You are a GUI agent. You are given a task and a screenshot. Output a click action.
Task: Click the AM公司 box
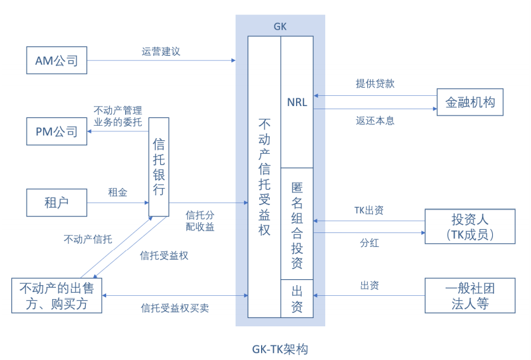point(57,61)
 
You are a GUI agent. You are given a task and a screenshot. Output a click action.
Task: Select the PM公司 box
point(57,131)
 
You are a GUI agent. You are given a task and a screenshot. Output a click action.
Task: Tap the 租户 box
point(57,203)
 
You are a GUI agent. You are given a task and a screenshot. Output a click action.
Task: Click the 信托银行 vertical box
point(159,166)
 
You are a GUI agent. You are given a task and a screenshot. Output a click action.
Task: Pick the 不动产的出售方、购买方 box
point(57,295)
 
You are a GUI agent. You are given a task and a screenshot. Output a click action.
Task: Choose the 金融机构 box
point(470,102)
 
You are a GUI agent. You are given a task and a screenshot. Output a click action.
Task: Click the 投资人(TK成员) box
point(469,227)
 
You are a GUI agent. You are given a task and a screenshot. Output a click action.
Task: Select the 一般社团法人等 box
point(469,295)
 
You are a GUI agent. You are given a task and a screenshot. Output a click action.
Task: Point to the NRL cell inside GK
point(297,102)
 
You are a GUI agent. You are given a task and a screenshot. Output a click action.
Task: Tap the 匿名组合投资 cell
point(297,223)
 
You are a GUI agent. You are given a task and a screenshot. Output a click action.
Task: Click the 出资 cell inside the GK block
point(297,298)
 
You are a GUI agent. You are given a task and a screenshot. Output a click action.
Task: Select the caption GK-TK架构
point(279,349)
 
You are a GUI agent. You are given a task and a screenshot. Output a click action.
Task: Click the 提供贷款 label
point(375,84)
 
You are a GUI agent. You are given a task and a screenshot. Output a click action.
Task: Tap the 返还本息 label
point(375,120)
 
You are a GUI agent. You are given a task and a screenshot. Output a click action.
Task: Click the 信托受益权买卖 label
point(175,309)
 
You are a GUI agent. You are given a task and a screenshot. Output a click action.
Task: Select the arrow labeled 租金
point(118,203)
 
